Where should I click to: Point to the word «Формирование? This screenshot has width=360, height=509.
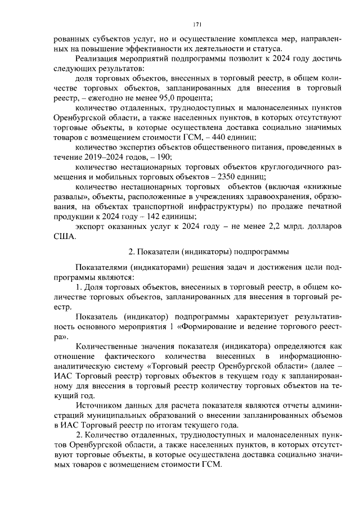[x=233, y=327]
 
